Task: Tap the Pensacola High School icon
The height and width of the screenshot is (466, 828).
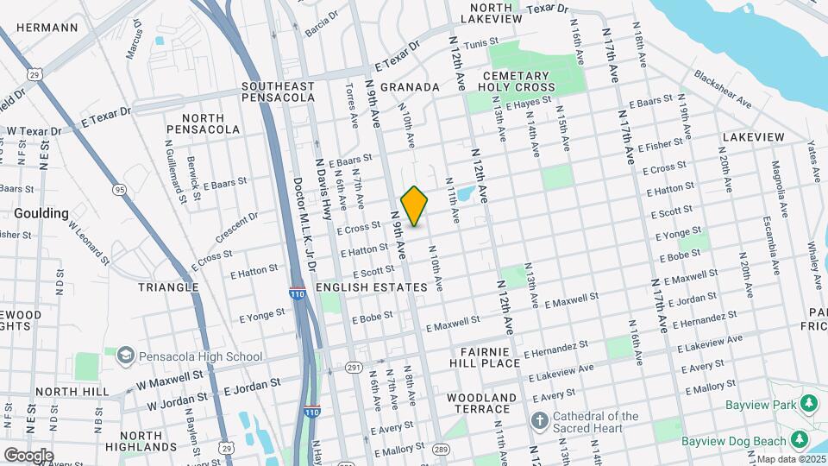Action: point(126,356)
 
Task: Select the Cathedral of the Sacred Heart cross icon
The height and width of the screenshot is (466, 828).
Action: point(540,422)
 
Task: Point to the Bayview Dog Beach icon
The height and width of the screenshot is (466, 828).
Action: point(800,440)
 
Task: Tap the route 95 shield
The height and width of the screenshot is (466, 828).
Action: point(120,190)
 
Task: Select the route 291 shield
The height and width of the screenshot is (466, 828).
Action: point(354,368)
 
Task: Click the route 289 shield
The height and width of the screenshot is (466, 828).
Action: point(440,450)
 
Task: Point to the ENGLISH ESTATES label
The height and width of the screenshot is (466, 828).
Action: point(372,287)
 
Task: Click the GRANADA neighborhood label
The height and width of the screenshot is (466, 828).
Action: point(410,87)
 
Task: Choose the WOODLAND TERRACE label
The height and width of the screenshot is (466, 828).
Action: point(481,404)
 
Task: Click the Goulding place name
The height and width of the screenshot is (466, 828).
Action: point(41,213)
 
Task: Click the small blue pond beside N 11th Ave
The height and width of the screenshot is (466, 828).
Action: point(464,194)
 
